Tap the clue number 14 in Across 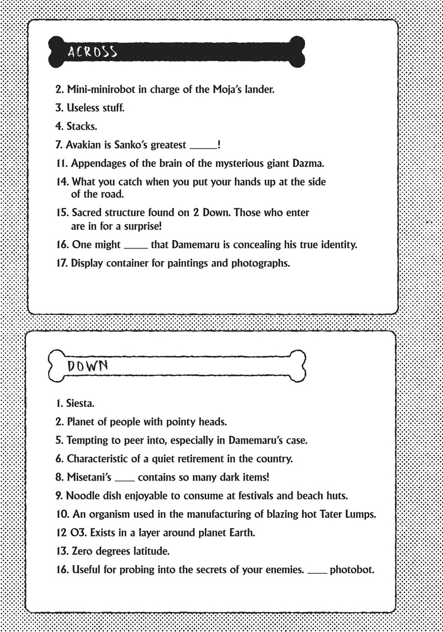pos(63,181)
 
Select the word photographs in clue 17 pos(261,263)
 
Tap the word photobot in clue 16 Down pos(352,569)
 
